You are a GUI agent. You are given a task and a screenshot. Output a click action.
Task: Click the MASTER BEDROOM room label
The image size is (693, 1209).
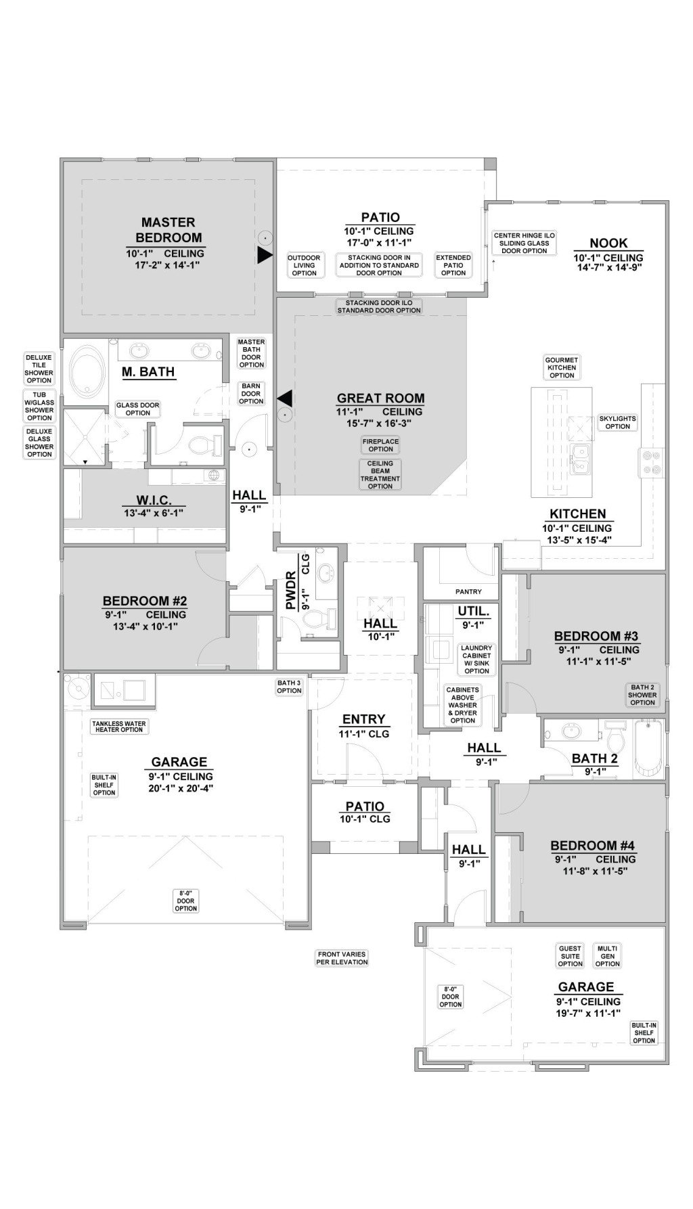169,229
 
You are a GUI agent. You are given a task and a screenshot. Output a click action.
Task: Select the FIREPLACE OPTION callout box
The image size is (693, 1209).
380,444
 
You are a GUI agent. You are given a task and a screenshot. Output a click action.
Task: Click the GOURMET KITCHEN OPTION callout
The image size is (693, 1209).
562,367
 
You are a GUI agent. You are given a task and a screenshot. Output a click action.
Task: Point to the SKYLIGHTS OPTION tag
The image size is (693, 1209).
617,422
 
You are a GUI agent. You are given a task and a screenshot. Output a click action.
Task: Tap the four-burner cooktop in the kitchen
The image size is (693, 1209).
650,462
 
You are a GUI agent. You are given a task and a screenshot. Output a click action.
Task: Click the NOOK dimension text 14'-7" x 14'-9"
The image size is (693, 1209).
608,267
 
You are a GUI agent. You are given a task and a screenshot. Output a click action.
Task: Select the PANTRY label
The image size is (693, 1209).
468,592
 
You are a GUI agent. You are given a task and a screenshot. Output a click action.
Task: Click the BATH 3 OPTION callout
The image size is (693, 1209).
289,687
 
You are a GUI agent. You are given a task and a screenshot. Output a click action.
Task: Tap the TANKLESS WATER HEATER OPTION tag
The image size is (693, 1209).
118,727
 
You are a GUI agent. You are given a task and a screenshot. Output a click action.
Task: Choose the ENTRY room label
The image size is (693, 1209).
363,719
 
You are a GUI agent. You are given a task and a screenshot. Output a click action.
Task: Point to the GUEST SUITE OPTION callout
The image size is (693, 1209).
570,956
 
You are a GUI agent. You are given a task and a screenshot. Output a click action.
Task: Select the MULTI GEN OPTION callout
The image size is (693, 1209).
607,956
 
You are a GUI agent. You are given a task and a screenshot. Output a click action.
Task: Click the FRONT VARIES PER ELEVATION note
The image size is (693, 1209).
342,958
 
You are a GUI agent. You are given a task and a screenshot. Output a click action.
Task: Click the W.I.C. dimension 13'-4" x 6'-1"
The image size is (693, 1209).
154,513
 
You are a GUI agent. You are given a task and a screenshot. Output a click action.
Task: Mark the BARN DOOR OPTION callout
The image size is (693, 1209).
251,394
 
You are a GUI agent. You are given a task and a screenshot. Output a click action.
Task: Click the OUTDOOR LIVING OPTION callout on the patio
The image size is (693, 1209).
304,265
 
